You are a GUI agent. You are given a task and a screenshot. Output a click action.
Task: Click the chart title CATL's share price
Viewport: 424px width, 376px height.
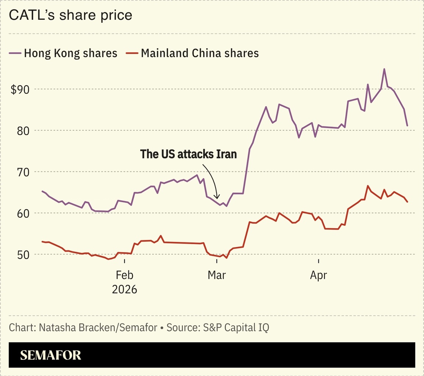70,15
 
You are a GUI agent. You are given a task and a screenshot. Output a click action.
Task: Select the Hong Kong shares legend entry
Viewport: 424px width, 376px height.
63,53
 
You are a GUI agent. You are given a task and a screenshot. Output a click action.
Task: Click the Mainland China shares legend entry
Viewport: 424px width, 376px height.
192,53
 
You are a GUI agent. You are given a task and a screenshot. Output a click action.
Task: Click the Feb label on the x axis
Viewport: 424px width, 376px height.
124,275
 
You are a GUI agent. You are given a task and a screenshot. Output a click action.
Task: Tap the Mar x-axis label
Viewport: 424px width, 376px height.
217,275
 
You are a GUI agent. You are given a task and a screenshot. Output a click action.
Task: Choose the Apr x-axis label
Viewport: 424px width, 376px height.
318,275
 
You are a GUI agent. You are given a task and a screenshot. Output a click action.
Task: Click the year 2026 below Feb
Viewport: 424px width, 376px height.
124,289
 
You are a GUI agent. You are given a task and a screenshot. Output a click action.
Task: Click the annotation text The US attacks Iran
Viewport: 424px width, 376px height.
188,154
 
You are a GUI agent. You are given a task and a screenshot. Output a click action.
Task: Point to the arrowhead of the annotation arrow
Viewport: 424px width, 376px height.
217,198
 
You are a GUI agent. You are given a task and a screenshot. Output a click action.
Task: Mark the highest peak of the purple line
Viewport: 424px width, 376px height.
384,69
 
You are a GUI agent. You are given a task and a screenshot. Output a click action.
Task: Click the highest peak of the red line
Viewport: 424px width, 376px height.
368,186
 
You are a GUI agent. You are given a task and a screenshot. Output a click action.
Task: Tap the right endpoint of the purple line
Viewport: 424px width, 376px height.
407,126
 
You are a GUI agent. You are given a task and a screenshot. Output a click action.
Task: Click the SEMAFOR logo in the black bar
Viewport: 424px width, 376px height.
50,355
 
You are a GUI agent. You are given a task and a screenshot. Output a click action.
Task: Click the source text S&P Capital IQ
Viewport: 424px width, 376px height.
236,327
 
